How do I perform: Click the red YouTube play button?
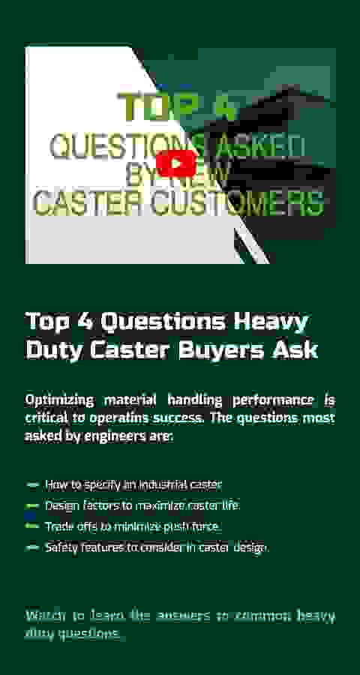(x=176, y=163)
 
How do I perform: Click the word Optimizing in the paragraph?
(x=59, y=401)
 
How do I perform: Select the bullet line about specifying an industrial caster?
(x=133, y=485)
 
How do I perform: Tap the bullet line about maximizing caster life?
(x=142, y=505)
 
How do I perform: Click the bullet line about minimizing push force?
(x=133, y=526)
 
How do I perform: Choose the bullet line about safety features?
(x=157, y=547)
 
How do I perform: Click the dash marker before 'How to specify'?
(x=32, y=485)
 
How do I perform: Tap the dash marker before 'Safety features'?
(x=32, y=547)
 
